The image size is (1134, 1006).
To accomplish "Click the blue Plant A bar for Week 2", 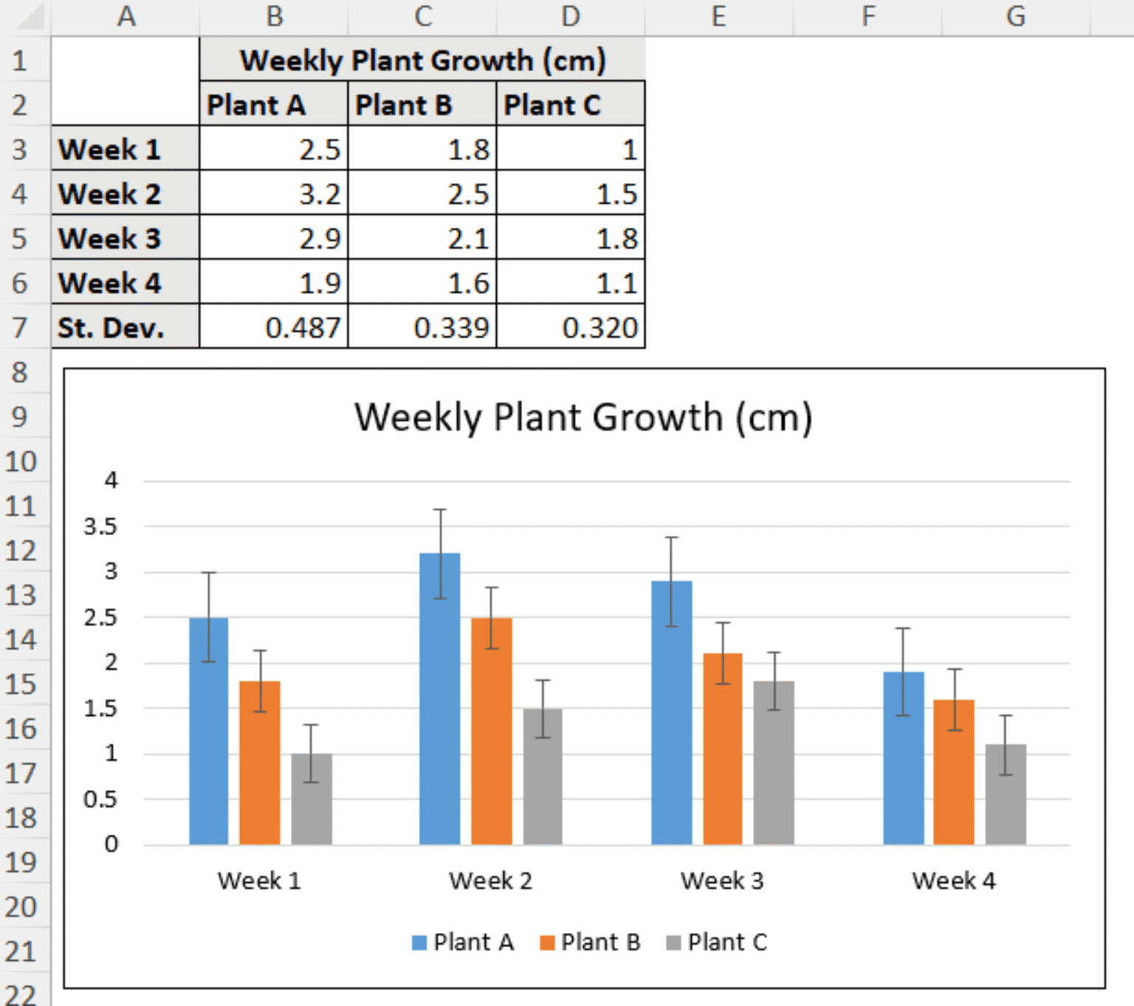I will (x=439, y=701).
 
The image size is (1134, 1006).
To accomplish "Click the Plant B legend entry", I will (x=591, y=943).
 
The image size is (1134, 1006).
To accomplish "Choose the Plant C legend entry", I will (x=718, y=943).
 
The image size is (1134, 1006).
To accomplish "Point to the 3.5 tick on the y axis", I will (x=100, y=527).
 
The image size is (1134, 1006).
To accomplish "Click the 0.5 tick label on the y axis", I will (x=100, y=799).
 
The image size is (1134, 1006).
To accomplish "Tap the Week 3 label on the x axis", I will (x=722, y=881).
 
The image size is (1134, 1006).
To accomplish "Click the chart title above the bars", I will (x=583, y=418).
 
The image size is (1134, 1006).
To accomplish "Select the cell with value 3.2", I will (x=274, y=194).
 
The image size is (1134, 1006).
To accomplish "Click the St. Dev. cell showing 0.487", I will (x=274, y=328).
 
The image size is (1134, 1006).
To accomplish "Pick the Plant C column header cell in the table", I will (x=570, y=105).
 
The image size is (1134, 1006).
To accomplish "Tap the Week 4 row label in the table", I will (x=125, y=283).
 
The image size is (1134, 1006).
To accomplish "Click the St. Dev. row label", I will (x=125, y=328).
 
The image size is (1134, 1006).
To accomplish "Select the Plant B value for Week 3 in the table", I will (x=422, y=238).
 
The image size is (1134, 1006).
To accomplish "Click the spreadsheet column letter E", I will (x=718, y=16).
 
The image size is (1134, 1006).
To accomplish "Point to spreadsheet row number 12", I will (x=21, y=551).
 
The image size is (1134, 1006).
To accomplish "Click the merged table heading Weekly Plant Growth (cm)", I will (x=422, y=61).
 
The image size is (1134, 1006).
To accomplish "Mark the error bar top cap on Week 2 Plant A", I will (x=440, y=509).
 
